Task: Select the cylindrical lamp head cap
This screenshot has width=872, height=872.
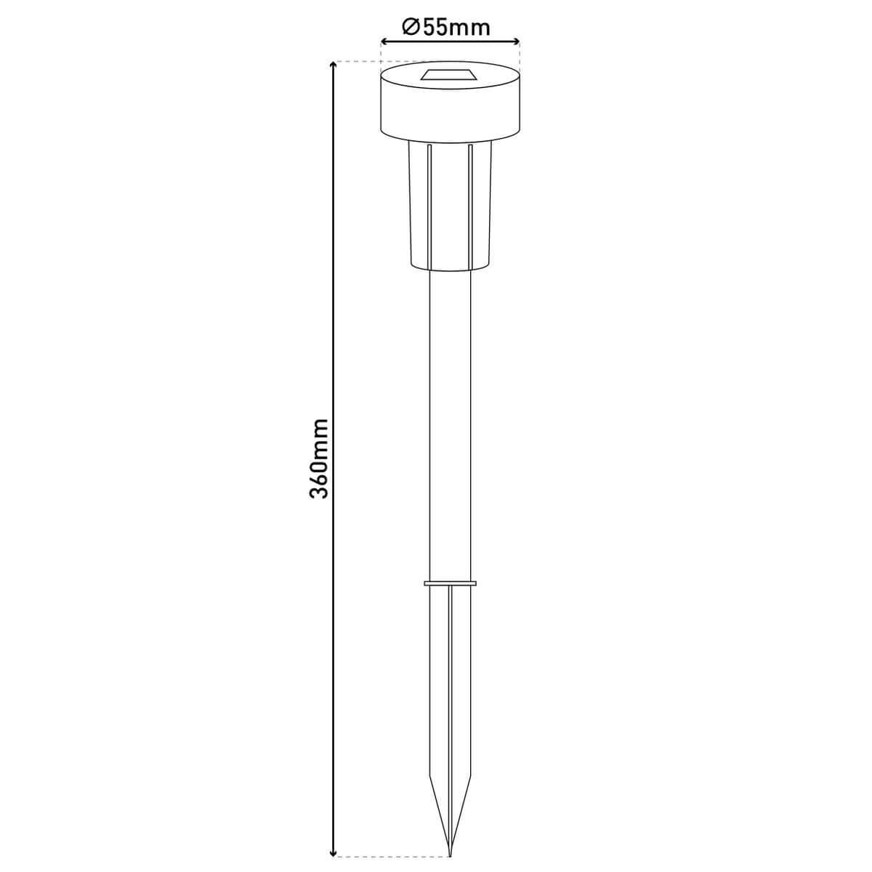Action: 450,109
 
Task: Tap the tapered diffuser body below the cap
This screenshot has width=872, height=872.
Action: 450,207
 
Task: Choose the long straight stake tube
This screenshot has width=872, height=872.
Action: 450,421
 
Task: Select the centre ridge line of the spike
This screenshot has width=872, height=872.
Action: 450,712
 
